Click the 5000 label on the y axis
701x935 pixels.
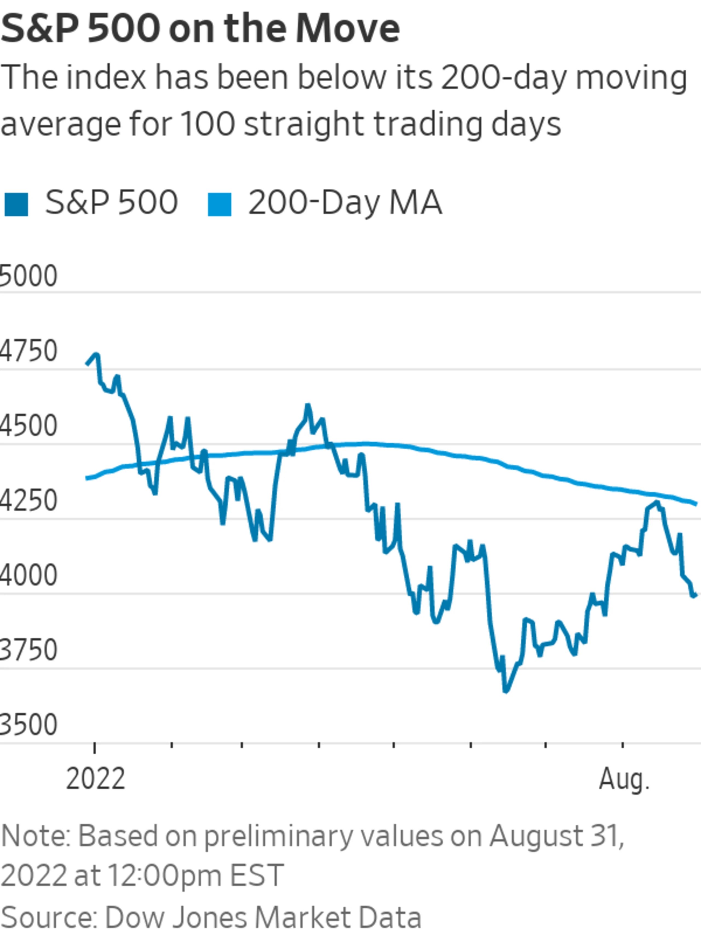[x=28, y=276]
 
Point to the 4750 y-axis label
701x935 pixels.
[x=28, y=351]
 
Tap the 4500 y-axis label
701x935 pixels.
[x=28, y=426]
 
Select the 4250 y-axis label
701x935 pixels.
[x=28, y=501]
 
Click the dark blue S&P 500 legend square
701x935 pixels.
[x=16, y=205]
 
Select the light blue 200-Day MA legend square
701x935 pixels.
[x=220, y=205]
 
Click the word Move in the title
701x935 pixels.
[x=347, y=29]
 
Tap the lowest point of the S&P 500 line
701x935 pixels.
[x=505, y=691]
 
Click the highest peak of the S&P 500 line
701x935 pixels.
[x=97, y=354]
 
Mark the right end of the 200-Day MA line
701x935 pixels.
[x=696, y=504]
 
